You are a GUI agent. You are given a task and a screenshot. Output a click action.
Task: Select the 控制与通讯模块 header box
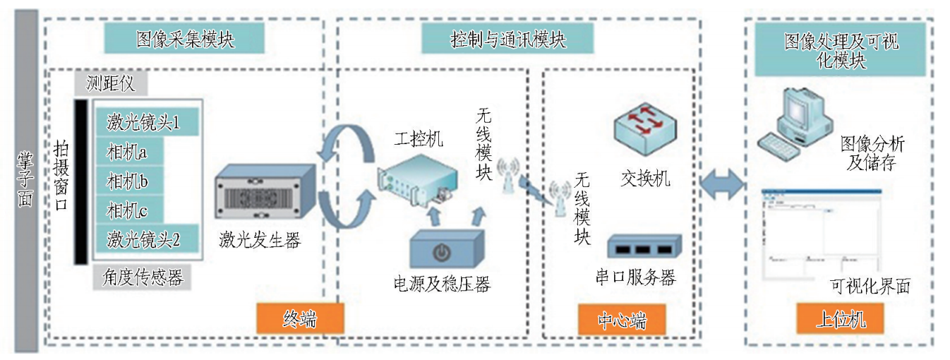pyautogui.click(x=507, y=38)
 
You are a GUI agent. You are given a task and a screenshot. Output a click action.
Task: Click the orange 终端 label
pyautogui.click(x=299, y=319)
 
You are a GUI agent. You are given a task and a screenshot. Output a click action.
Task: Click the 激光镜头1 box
pyautogui.click(x=144, y=122)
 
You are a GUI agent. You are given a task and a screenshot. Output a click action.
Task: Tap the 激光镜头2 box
pyautogui.click(x=144, y=240)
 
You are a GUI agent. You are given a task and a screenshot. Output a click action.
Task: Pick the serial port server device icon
pyautogui.click(x=644, y=247)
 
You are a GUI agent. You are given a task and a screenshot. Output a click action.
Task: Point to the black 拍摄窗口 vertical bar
pyautogui.click(x=80, y=181)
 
